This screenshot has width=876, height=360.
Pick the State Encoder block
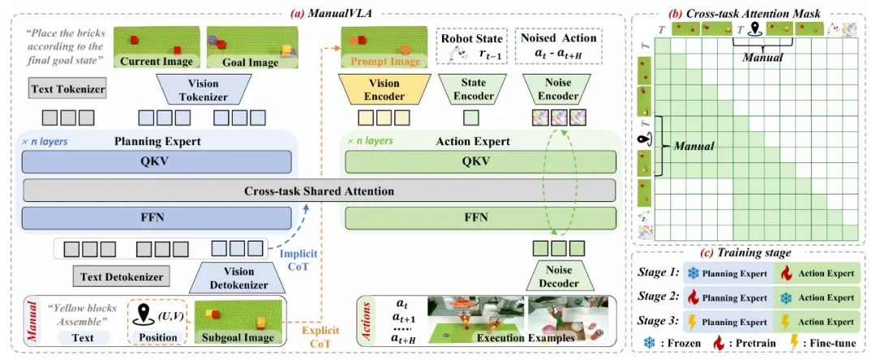point(468,90)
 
